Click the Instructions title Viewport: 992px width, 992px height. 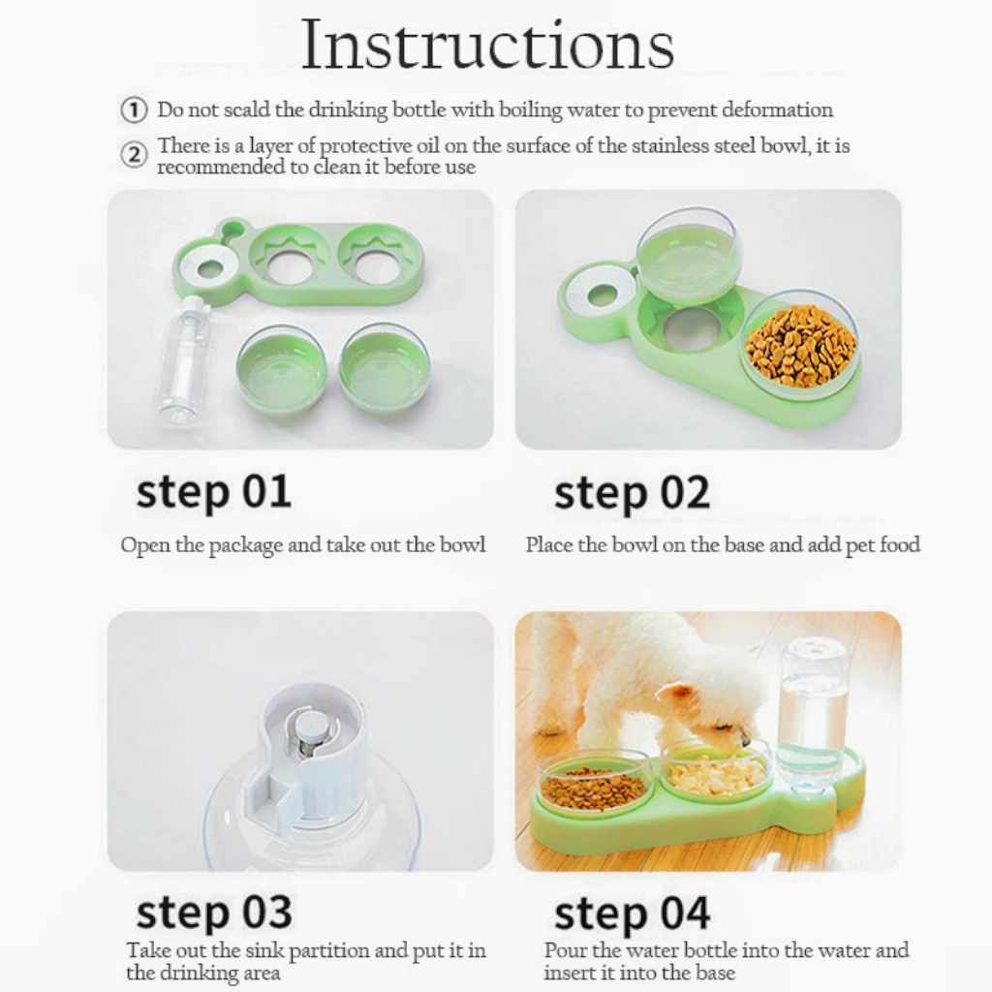pos(487,45)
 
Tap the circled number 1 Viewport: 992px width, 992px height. pos(134,110)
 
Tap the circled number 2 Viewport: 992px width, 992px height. pos(134,155)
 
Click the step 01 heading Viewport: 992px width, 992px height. pos(214,493)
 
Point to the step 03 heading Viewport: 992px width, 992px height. pos(214,913)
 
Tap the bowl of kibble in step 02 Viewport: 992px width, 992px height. pos(801,345)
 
